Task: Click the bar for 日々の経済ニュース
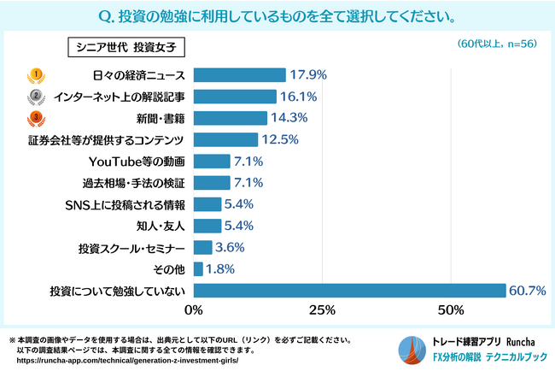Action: tap(239, 74)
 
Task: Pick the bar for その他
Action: tap(198, 268)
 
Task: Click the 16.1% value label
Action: tap(299, 96)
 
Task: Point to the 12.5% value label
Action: tap(280, 139)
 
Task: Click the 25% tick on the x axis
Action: tap(322, 309)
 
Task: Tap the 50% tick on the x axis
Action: tap(450, 309)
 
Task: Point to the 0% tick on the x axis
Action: tap(194, 309)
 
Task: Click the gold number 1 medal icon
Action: tap(37, 74)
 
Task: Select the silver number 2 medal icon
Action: tap(37, 96)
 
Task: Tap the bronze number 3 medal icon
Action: tap(37, 117)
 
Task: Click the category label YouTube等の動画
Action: tap(137, 161)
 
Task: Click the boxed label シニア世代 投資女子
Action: tap(126, 46)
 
